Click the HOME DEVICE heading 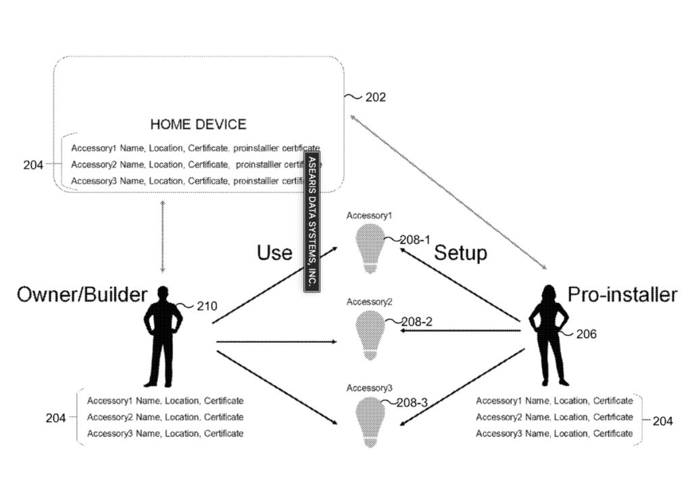tap(198, 124)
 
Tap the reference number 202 tap(376, 97)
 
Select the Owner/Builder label tap(82, 294)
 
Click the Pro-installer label tap(622, 294)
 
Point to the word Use tap(274, 253)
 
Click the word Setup tap(460, 253)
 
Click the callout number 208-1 tap(415, 239)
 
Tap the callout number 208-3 tap(412, 403)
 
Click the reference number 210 tap(207, 306)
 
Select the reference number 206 tap(586, 334)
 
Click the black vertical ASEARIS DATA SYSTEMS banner tap(312, 221)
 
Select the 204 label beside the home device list tap(33, 164)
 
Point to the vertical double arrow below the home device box tap(162, 236)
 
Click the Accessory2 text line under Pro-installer tap(554, 417)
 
